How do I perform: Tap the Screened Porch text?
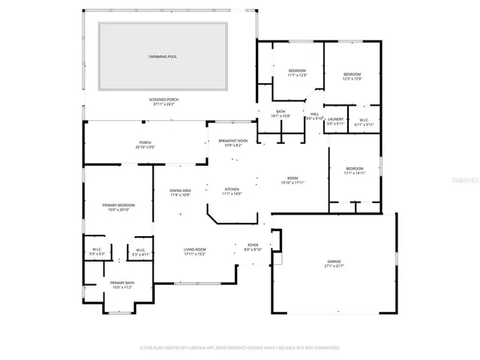coord(162,99)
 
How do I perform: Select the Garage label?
coord(333,261)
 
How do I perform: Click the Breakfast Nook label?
coord(232,141)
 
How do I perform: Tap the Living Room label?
coord(195,250)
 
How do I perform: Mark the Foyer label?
coord(253,244)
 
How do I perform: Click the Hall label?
coord(314,114)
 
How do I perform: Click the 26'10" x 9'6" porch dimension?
coord(145,147)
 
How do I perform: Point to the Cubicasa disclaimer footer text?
coord(240,348)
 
